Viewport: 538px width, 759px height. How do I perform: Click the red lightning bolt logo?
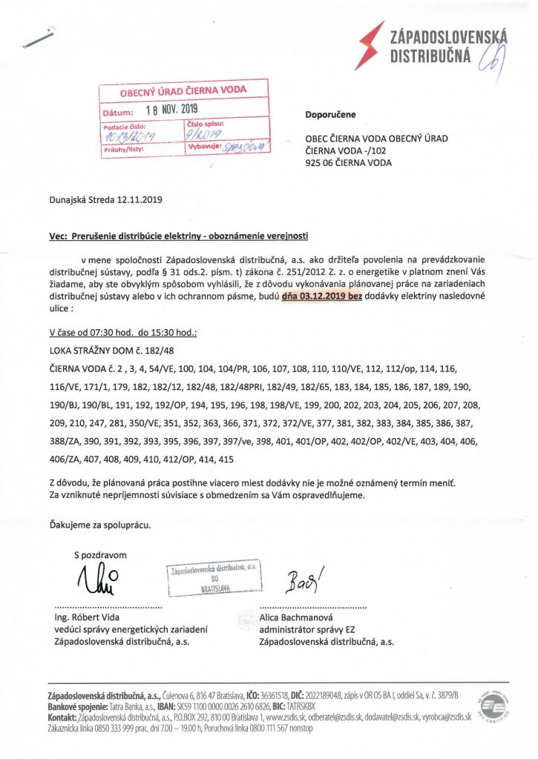[x=370, y=44]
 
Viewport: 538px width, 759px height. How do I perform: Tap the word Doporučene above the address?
[x=330, y=115]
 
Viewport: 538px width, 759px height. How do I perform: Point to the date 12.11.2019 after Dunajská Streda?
[x=139, y=199]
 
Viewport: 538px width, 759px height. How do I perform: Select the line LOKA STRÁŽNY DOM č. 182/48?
[x=111, y=348]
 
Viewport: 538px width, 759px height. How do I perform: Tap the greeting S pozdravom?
[x=100, y=554]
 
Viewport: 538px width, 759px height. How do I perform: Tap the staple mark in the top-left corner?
[x=41, y=38]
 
